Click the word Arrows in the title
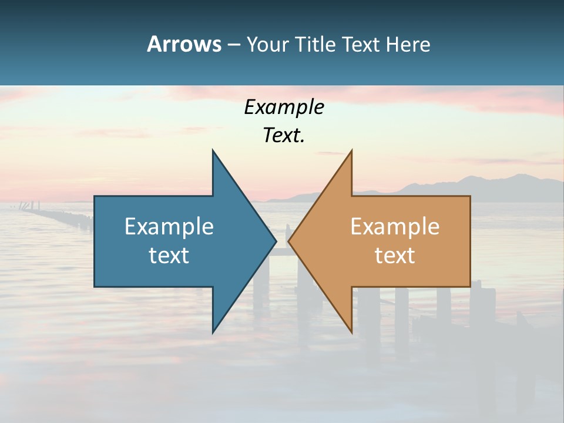[184, 44]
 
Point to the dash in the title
[233, 45]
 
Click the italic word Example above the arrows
[284, 108]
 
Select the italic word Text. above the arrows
[284, 136]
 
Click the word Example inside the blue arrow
[169, 227]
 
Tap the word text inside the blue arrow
[169, 256]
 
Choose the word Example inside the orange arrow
[395, 227]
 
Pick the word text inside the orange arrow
[395, 256]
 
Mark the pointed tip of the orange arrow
[289, 241]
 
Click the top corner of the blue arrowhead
[213, 151]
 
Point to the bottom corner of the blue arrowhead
[213, 332]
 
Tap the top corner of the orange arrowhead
[351, 151]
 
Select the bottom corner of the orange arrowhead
[351, 332]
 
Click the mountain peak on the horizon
[517, 175]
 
